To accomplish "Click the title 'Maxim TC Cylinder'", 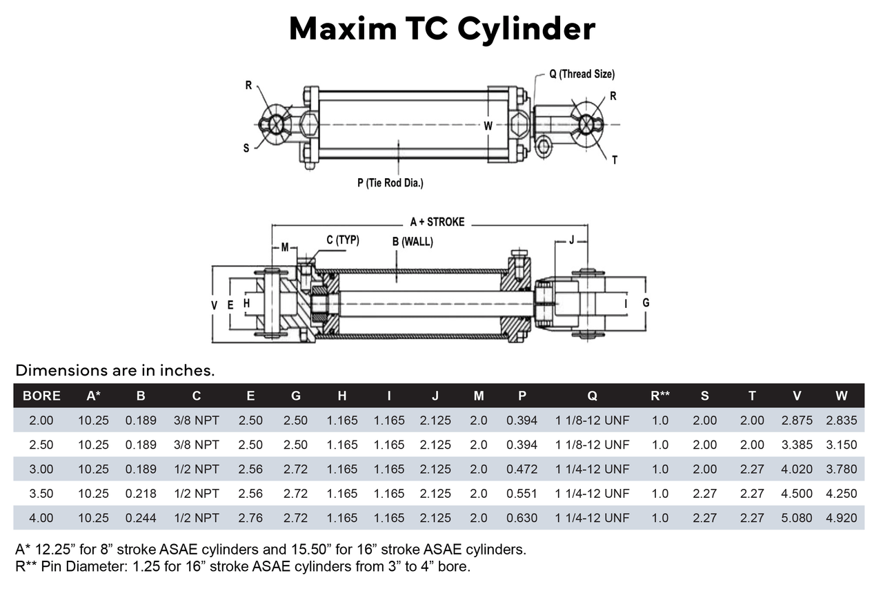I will tap(441, 29).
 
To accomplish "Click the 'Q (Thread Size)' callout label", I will tap(582, 74).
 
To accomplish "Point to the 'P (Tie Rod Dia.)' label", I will tap(390, 183).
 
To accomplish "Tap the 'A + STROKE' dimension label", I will tap(437, 222).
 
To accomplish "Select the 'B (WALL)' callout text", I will tap(413, 242).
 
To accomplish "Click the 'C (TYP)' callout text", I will tap(342, 240).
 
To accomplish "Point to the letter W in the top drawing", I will tap(488, 126).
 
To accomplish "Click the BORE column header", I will tap(41, 396).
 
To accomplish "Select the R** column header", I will tap(660, 396).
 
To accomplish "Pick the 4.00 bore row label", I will tap(41, 518).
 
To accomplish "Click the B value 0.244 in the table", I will tap(141, 518).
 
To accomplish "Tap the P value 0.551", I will tap(522, 494).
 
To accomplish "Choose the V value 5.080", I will tap(797, 518).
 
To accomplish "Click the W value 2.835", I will tap(841, 420).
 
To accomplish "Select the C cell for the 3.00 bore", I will tap(197, 470).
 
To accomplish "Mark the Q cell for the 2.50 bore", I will tap(593, 445).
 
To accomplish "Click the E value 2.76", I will tap(250, 518).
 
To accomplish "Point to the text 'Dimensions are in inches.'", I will tap(115, 371).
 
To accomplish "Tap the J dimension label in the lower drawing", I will tap(571, 241).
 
